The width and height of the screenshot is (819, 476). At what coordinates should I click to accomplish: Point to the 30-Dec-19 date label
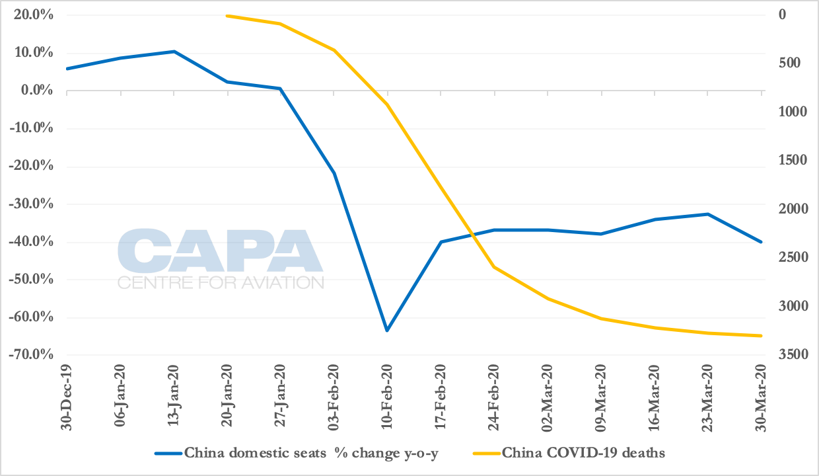tap(67, 395)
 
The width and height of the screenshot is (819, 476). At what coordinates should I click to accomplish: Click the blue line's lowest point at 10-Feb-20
tap(387, 331)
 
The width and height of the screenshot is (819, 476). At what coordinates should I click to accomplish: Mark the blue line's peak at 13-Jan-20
tap(174, 52)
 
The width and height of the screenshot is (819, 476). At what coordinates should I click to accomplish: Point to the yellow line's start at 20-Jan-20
tap(227, 16)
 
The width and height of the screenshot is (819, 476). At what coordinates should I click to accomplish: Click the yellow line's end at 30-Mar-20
tap(761, 336)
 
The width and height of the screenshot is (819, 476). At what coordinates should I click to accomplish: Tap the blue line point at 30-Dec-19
tap(67, 69)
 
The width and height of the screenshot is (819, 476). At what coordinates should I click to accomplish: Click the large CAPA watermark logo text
tap(220, 251)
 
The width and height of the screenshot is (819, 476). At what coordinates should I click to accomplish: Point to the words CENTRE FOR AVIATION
tap(221, 283)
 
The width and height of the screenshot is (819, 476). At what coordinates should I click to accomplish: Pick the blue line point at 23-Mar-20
tap(707, 214)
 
